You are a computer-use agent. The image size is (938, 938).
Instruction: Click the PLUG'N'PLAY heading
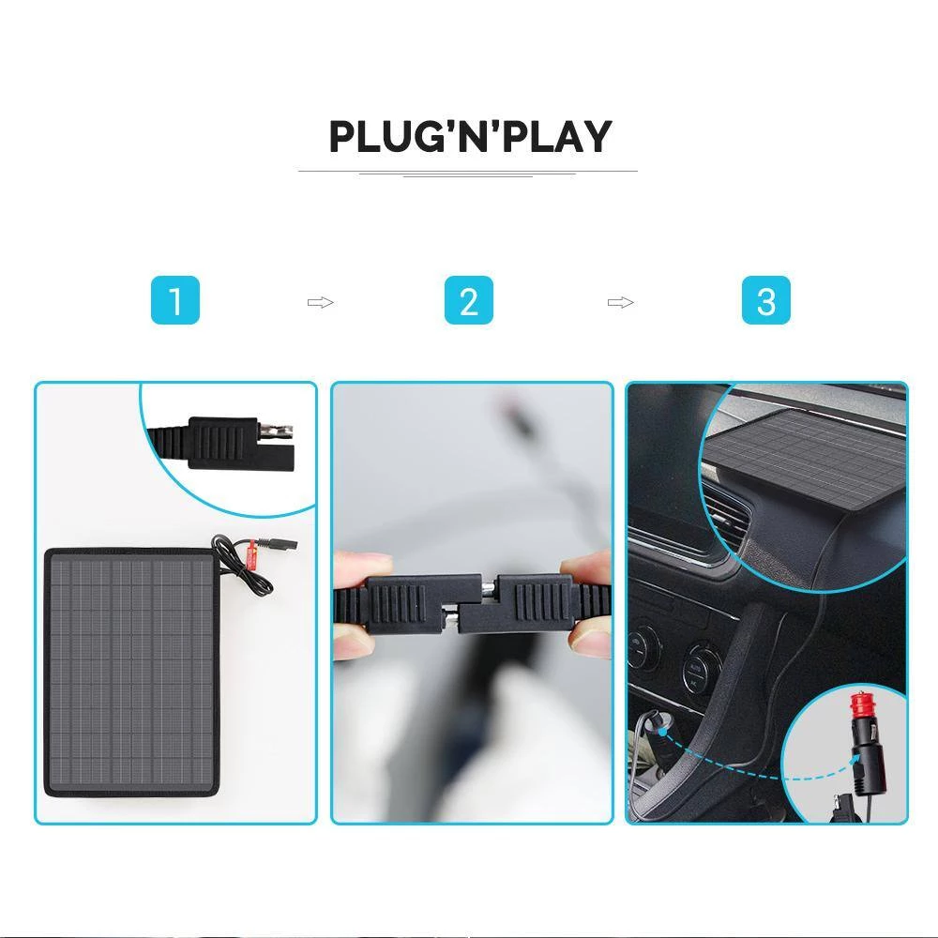click(469, 137)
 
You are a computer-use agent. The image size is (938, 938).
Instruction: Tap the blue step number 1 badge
click(175, 302)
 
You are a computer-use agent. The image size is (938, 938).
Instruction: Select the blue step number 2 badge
click(468, 302)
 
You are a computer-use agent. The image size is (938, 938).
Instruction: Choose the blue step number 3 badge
click(765, 302)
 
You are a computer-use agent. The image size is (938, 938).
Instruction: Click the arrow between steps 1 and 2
click(321, 302)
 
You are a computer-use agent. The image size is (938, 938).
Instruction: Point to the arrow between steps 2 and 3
click(620, 302)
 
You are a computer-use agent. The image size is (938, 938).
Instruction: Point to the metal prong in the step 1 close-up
click(279, 432)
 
